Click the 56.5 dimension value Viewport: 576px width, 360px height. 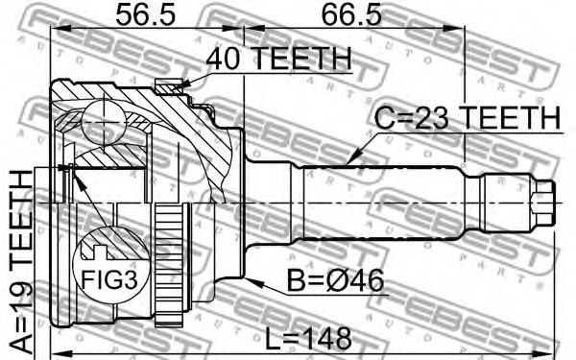(x=146, y=15)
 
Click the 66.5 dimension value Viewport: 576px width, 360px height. (x=351, y=15)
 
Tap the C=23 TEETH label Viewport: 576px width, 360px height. (x=468, y=117)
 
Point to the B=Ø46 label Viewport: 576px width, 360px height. (x=335, y=280)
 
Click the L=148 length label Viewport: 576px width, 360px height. (x=308, y=339)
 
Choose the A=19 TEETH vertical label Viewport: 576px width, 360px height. (x=20, y=264)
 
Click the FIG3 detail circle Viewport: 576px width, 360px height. (x=111, y=263)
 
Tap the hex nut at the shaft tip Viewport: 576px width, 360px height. (x=542, y=203)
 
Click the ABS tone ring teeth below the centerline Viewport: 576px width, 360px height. (x=170, y=266)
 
